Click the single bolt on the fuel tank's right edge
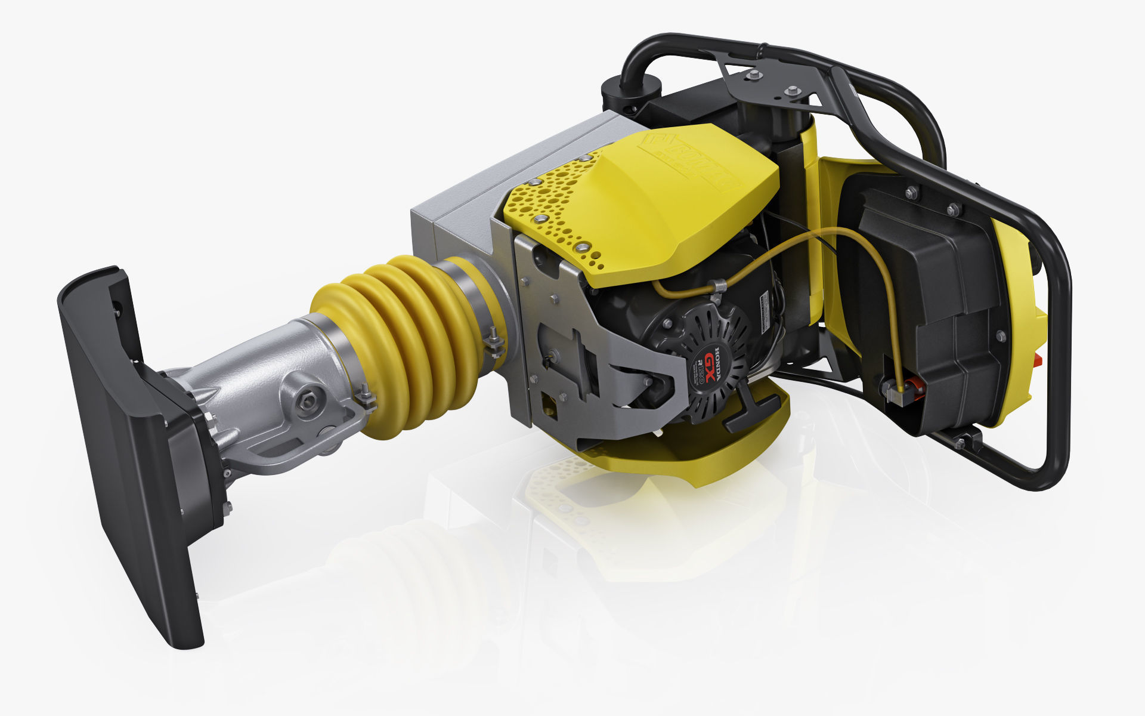pos(1000,336)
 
